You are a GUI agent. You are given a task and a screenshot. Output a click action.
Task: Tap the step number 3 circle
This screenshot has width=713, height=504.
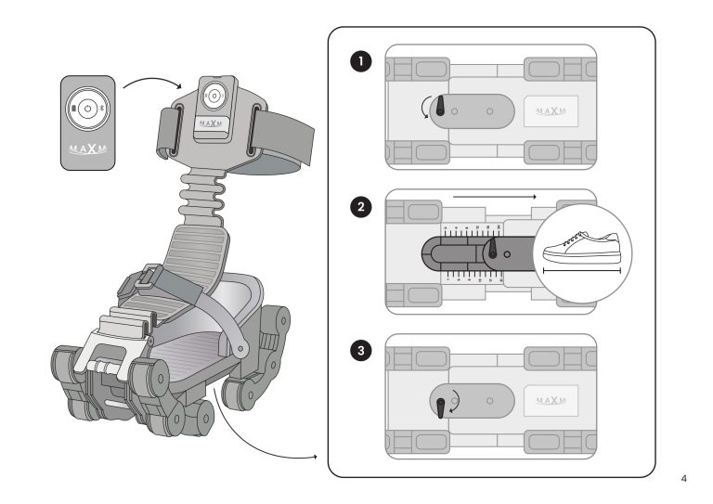pos(359,351)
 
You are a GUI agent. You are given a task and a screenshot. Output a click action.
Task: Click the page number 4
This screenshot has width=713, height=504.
pos(684,480)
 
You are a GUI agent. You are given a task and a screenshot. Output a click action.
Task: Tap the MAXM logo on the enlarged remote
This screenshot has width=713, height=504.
pos(88,149)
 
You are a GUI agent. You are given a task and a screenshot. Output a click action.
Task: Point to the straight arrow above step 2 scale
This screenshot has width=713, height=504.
pos(494,197)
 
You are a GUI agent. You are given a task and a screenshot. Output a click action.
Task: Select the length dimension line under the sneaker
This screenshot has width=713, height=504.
pos(579,271)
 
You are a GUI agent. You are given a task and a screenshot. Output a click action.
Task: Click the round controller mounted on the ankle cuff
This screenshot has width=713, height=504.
pos(214,96)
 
